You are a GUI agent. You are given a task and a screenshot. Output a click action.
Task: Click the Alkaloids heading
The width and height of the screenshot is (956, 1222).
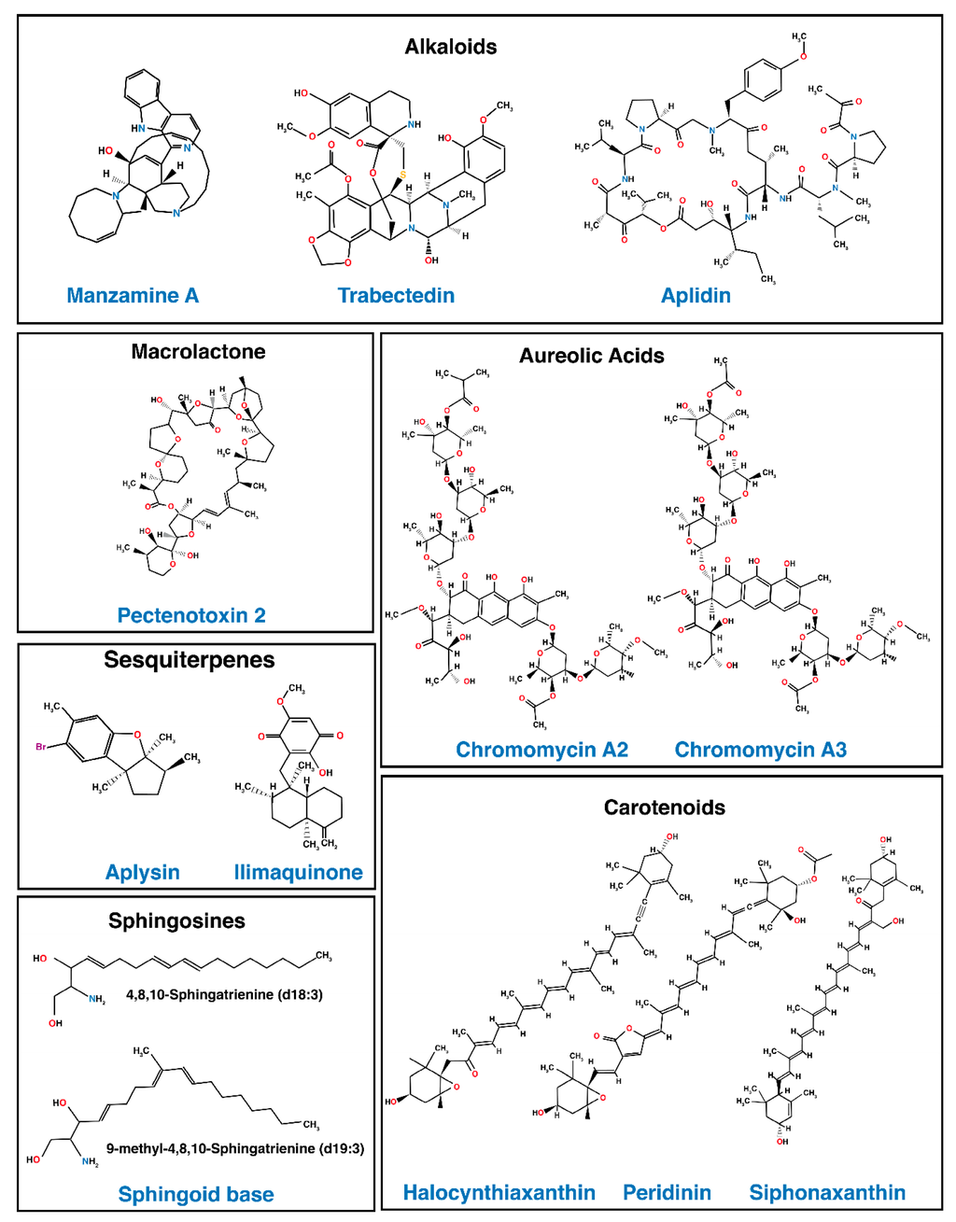point(450,47)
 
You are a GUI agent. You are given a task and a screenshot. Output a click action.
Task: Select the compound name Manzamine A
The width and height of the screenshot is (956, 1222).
point(133,296)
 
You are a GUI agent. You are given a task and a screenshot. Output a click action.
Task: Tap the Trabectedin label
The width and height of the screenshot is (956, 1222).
point(396,296)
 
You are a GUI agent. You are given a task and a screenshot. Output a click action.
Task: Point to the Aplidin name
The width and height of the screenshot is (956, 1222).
point(696,296)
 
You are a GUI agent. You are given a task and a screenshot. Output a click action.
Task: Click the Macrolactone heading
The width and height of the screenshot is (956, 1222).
point(198,352)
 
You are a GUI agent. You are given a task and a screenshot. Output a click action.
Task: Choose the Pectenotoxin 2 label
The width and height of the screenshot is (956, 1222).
point(191,615)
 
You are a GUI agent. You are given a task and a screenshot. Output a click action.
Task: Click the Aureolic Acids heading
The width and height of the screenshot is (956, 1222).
point(591,356)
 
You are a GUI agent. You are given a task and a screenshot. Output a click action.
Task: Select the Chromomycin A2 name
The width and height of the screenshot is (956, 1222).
point(541,750)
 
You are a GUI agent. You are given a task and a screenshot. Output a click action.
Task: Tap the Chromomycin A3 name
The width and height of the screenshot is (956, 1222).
point(760,750)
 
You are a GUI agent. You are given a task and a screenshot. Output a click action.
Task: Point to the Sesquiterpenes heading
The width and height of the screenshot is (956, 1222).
point(189,660)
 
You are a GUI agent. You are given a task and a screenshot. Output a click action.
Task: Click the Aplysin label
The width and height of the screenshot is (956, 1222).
point(142,872)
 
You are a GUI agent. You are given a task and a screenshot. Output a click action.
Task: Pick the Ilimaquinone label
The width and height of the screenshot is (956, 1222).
point(298,872)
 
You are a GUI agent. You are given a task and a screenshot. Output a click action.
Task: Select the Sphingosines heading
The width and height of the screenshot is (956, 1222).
point(176,921)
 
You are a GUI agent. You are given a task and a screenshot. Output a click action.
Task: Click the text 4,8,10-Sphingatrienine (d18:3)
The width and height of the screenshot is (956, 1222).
point(224,995)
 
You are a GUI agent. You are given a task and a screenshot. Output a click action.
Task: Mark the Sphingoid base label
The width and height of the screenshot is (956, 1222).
point(196,1194)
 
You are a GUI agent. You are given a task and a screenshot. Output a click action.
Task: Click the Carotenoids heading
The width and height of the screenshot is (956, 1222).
point(664,808)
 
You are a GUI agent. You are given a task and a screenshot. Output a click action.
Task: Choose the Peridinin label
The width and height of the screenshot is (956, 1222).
point(667,1192)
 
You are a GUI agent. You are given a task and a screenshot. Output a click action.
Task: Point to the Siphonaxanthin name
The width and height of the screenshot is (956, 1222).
point(827,1192)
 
